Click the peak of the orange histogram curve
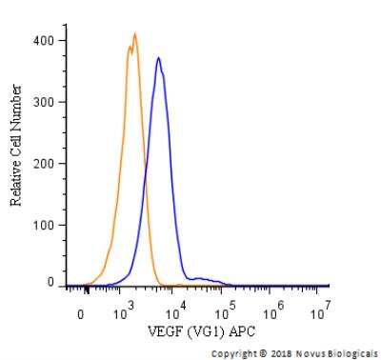[x=135, y=34]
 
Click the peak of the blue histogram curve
[x=158, y=58]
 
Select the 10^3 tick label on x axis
[x=123, y=310]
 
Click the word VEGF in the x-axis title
[x=163, y=330]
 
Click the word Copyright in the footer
[x=235, y=350]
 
